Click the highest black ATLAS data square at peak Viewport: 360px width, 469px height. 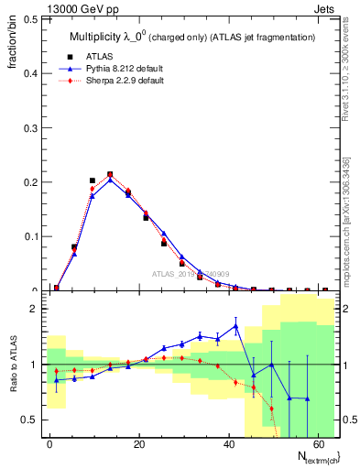[x=110, y=174]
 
